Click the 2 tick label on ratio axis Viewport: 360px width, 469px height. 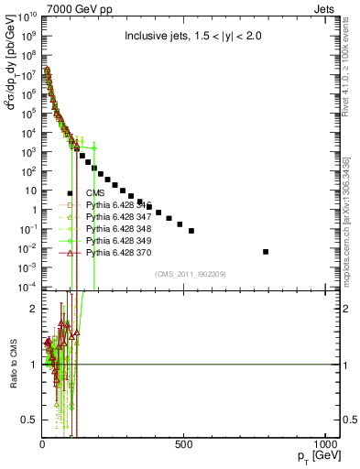pyautogui.click(x=33, y=310)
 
